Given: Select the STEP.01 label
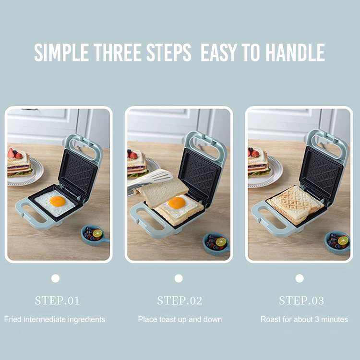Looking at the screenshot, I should tap(57, 301).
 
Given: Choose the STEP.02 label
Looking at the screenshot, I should tap(180, 301).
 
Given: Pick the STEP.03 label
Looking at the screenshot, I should tap(301, 301).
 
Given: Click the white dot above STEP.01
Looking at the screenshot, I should tap(56, 278).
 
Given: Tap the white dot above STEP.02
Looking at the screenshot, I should tap(179, 278).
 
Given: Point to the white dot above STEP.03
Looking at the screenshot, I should tap(300, 278).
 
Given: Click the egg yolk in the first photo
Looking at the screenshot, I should tap(58, 201).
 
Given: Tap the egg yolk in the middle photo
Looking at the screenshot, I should tap(177, 203).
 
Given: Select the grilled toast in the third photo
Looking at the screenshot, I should tap(295, 204).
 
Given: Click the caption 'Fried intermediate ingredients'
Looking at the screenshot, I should tap(55, 319).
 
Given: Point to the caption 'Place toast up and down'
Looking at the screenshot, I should tap(180, 319).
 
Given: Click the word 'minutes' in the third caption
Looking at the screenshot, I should tap(335, 319).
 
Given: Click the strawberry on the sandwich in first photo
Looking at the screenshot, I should tap(11, 153).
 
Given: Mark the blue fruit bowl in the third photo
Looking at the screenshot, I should tap(338, 241).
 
